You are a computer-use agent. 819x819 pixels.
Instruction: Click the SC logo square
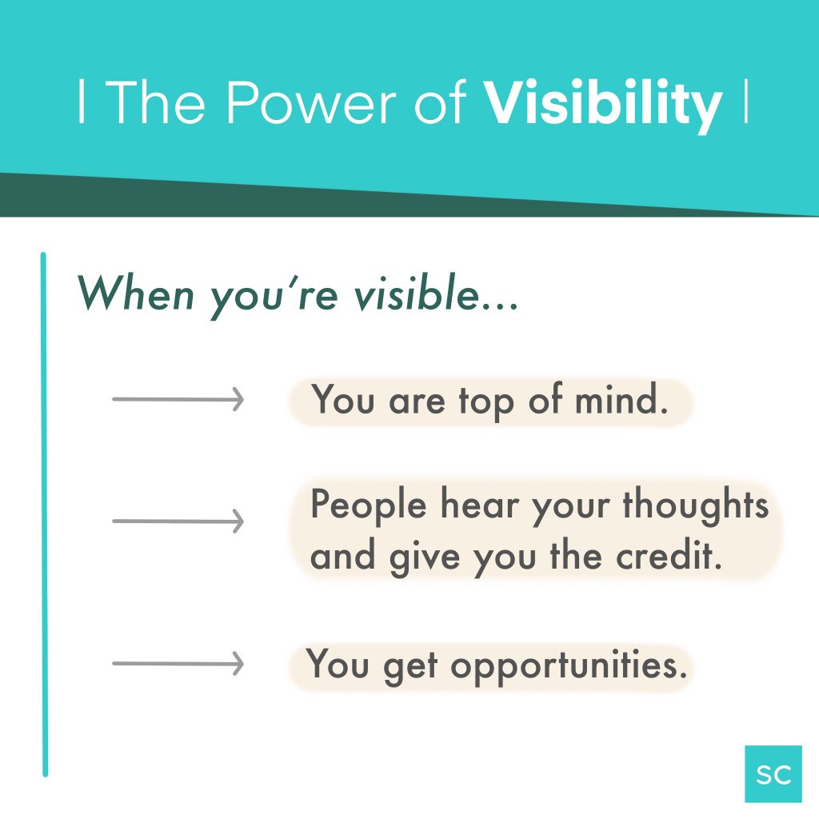click(773, 773)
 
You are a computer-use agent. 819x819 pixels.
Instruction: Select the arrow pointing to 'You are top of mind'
click(177, 398)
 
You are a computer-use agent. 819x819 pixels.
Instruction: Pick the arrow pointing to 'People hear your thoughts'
click(177, 522)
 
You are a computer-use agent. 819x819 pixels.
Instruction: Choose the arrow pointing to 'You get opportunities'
click(177, 663)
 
